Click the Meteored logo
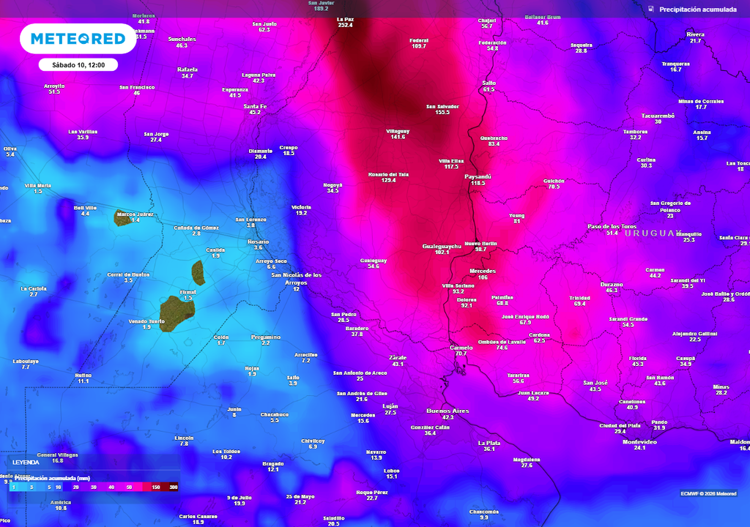tap(78, 39)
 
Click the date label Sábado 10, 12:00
tap(78, 64)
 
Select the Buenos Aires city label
tap(448, 411)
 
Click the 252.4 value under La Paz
tap(345, 25)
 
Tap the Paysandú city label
tap(478, 176)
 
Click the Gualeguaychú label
tap(442, 246)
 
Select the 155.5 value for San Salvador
tap(442, 112)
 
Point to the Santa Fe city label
tap(255, 106)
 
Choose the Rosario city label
tap(258, 242)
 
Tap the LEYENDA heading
tap(26, 463)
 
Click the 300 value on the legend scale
tap(174, 487)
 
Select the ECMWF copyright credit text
tap(708, 493)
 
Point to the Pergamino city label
tap(265, 337)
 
